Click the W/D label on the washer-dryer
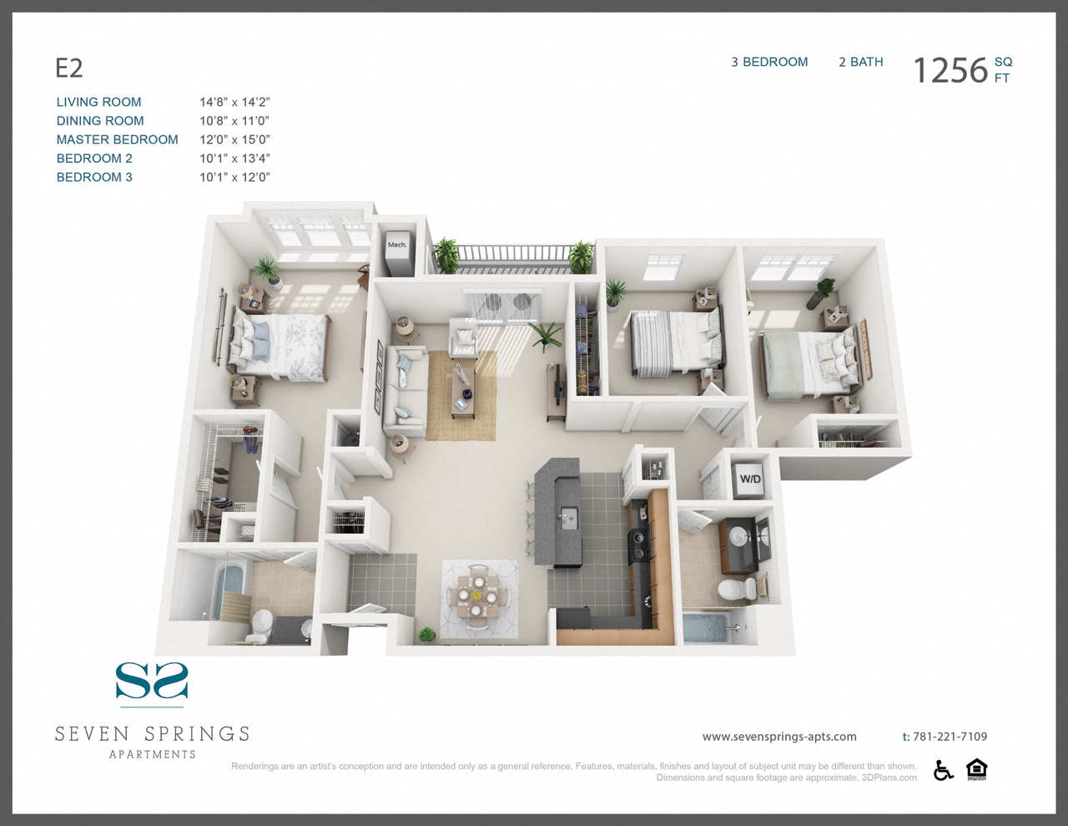750,479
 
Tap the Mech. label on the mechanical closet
397,245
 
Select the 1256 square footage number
950,70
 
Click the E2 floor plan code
68,68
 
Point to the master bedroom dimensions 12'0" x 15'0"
235,139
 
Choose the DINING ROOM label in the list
100,120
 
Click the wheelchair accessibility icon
943,770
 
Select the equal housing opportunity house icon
976,769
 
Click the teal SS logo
152,681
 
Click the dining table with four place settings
476,596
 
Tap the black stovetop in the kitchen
639,546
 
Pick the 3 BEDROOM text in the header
769,62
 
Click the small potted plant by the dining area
426,634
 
